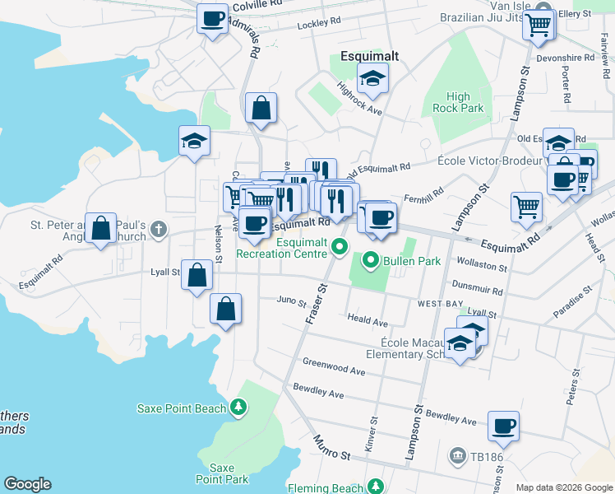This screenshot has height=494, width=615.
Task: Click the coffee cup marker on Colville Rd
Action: click(x=212, y=18)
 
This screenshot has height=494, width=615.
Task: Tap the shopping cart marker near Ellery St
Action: click(x=539, y=25)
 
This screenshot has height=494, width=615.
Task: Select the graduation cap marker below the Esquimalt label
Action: click(x=373, y=80)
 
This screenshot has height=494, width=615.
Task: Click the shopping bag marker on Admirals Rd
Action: click(x=261, y=109)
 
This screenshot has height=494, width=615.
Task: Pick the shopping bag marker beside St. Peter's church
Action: click(x=100, y=230)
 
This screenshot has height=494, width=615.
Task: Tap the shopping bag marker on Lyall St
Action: click(x=197, y=277)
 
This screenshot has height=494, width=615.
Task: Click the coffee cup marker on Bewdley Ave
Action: click(x=503, y=427)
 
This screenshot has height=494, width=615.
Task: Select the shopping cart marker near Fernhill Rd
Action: click(x=526, y=207)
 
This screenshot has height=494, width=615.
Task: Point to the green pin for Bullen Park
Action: click(x=371, y=262)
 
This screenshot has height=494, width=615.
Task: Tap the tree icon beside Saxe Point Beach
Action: click(x=238, y=407)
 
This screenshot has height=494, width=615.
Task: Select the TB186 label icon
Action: click(x=457, y=455)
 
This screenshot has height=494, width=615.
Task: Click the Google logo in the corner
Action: click(x=27, y=484)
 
